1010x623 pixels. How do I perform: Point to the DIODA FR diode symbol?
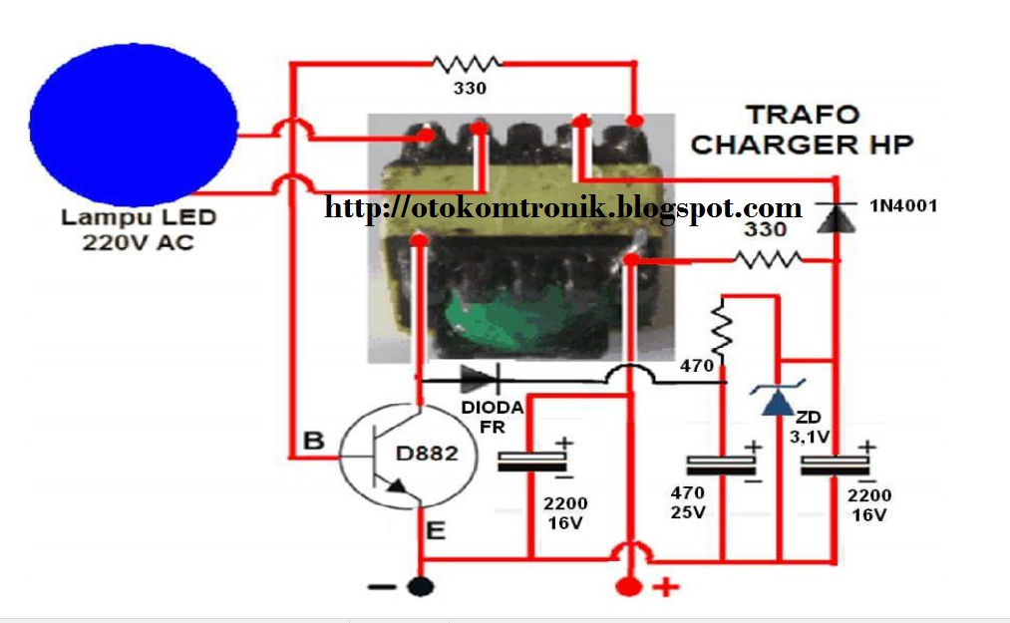pos(478,379)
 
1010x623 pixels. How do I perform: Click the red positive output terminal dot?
pos(629,586)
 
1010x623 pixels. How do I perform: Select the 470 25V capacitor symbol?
pos(722,465)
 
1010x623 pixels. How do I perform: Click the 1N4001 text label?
pos(903,206)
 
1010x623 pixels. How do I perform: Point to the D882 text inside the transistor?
pos(426,454)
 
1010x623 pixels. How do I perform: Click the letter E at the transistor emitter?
pos(436,531)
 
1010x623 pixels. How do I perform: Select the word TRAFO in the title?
pos(789,115)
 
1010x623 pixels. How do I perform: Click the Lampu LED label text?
pos(139,217)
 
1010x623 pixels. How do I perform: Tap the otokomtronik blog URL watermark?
pos(563,207)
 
